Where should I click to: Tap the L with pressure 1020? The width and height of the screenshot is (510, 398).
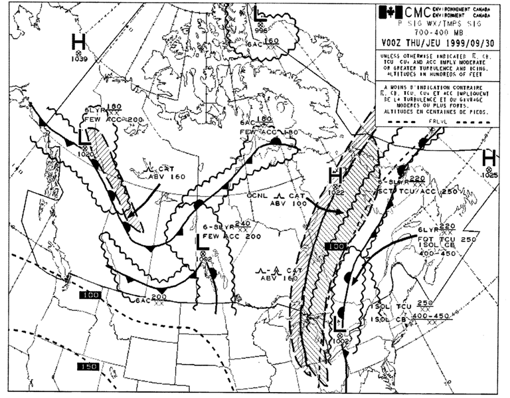click(x=84, y=137)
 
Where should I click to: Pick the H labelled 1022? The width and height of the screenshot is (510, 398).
click(x=335, y=176)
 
